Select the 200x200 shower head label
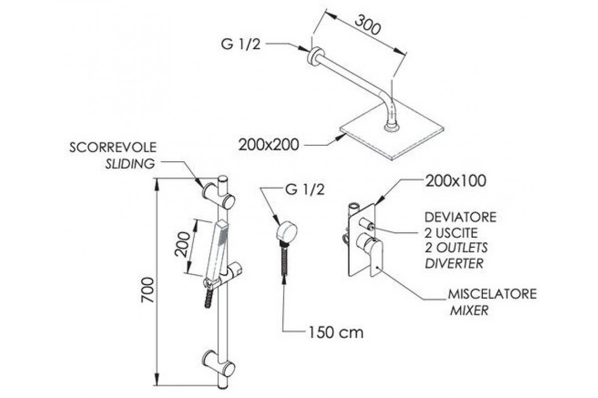268,145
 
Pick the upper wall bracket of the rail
219,195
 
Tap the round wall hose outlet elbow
287,233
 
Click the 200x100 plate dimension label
455,182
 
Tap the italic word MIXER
469,311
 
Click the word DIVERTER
454,263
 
